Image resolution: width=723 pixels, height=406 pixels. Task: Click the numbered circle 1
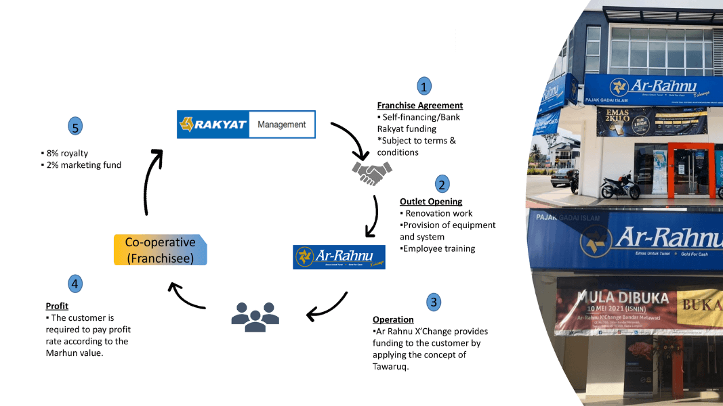point(424,86)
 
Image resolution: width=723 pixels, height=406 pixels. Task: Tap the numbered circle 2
point(442,184)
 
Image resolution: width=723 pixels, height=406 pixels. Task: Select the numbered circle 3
point(434,301)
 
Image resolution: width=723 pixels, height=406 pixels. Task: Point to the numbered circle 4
point(75,284)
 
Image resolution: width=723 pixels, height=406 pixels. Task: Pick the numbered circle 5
point(75,126)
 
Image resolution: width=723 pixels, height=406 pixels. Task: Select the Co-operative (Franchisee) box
point(160,250)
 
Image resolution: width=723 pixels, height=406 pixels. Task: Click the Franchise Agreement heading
point(420,106)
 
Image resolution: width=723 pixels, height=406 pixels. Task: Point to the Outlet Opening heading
point(431,202)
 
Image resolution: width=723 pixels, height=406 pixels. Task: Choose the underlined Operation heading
point(393,319)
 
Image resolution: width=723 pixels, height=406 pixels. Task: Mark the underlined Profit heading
point(57,306)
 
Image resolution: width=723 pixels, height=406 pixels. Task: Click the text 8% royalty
point(66,154)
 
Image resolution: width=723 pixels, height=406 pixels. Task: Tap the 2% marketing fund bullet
point(83,164)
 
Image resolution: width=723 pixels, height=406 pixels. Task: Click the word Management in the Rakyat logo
point(282,125)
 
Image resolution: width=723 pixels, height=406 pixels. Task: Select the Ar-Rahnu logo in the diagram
point(339,257)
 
